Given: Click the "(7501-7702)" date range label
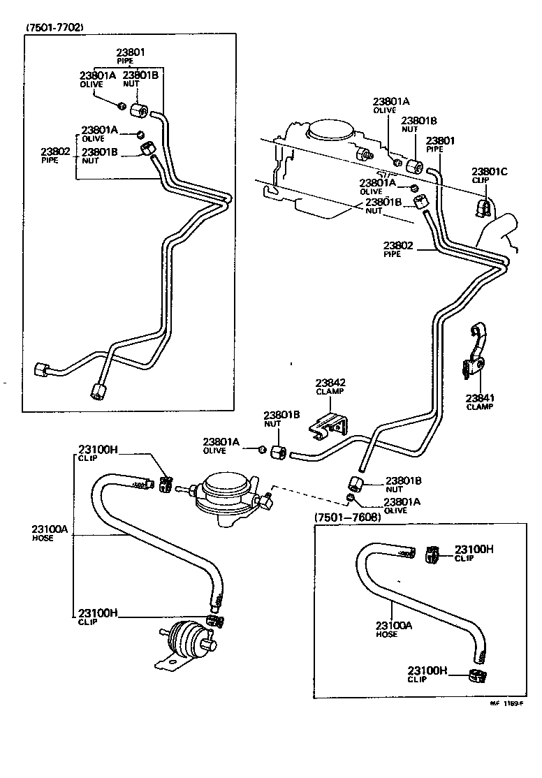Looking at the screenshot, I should pyautogui.click(x=55, y=28).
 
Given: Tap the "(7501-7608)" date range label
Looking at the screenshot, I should pyautogui.click(x=347, y=518).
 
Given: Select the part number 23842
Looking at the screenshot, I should pyautogui.click(x=330, y=383).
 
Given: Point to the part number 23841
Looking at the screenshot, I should pyautogui.click(x=481, y=398).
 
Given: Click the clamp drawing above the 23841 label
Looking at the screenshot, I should pyautogui.click(x=477, y=349).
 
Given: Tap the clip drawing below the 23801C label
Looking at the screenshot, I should pyautogui.click(x=482, y=205).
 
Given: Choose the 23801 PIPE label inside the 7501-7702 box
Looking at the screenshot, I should pyautogui.click(x=131, y=55).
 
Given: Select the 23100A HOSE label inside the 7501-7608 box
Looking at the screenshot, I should pyautogui.click(x=394, y=629).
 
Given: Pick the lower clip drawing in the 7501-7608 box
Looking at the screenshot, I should pyautogui.click(x=477, y=675).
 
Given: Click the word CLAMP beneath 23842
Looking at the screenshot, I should pyautogui.click(x=330, y=392).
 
